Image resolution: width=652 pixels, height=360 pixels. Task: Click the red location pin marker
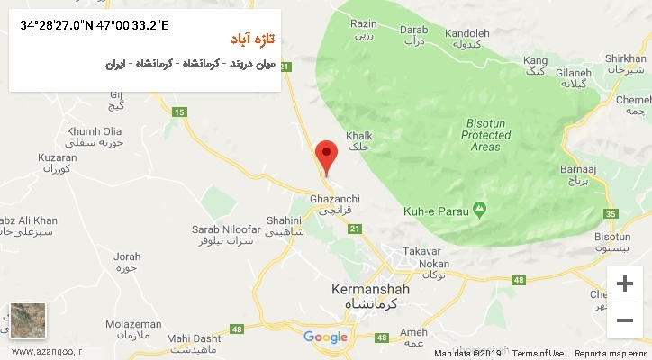326,156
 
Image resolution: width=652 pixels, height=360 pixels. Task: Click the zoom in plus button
623,284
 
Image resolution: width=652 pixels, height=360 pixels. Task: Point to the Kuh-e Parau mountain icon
481,210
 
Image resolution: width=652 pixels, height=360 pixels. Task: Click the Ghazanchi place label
334,198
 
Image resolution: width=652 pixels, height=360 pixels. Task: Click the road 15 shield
179,111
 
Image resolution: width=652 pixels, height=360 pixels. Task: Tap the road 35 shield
612,213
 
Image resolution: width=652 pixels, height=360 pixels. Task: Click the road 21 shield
354,229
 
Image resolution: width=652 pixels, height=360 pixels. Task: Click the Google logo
325,337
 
